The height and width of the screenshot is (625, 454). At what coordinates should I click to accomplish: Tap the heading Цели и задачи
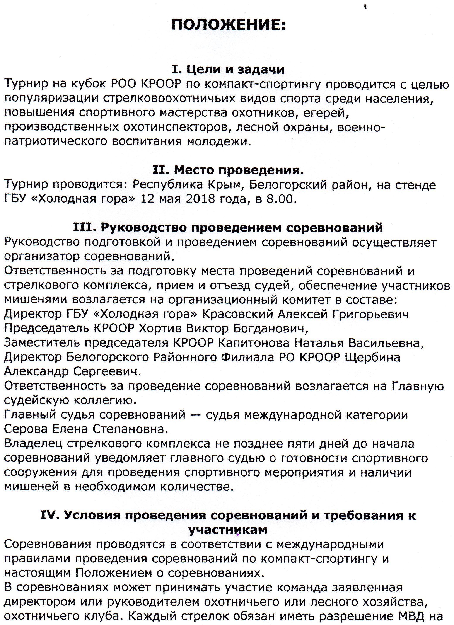click(236, 70)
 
